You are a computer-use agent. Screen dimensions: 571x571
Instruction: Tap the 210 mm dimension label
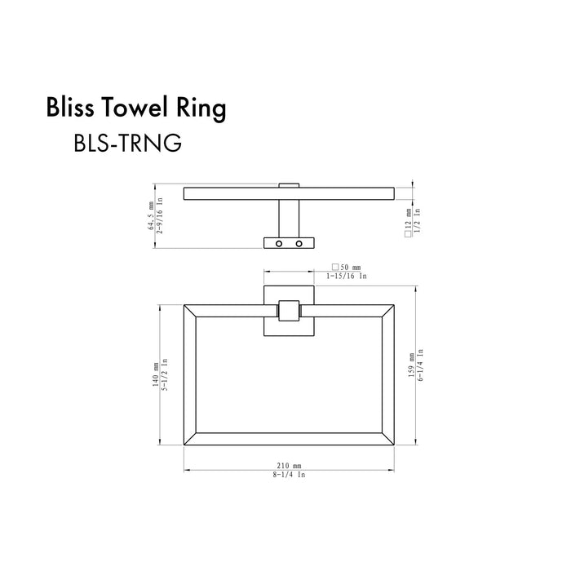(290, 464)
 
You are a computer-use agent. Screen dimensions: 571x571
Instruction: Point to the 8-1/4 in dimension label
(290, 474)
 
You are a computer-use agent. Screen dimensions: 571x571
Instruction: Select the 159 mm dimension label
(411, 365)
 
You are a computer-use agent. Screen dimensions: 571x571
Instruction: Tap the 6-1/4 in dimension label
(421, 365)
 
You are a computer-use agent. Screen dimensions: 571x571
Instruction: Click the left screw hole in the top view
(279, 244)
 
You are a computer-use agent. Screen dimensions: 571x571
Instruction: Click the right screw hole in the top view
(299, 244)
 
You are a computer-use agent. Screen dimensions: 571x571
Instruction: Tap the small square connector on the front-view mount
(289, 311)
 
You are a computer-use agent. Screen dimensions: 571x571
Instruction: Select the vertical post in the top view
(289, 218)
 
